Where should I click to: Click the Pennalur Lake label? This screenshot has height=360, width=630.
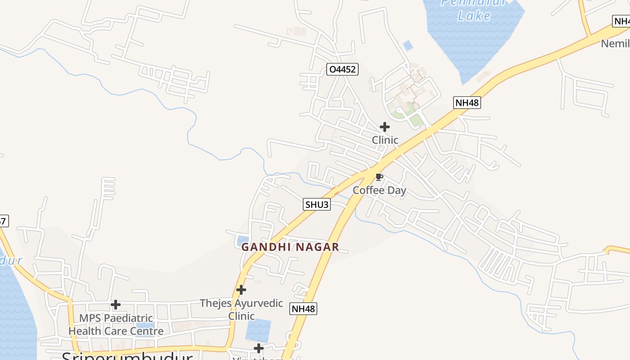point(473,10)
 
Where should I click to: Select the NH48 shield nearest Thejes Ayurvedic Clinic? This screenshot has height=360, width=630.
point(303,309)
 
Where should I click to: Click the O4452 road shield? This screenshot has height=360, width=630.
point(342,69)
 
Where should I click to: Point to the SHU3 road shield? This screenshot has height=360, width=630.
point(317,205)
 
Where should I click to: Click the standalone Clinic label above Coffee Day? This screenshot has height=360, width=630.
point(385,140)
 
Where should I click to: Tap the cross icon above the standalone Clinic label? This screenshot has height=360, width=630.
point(385,127)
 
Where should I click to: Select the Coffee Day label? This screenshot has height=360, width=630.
point(379,190)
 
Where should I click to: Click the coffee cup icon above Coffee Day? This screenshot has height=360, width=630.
point(379,177)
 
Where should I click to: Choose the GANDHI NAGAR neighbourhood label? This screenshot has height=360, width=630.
point(290,247)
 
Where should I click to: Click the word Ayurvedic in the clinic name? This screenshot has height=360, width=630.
point(261,303)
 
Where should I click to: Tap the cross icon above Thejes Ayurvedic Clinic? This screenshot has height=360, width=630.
point(241,289)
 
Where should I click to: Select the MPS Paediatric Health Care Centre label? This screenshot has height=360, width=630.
point(116,324)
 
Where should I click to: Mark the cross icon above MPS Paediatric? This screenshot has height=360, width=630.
point(116,305)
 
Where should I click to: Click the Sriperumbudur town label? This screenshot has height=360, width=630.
point(127,356)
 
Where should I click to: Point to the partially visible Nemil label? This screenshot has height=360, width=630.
point(616,44)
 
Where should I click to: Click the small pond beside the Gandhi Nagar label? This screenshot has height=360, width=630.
point(243,240)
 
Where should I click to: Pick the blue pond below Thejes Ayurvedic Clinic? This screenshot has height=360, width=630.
point(258,329)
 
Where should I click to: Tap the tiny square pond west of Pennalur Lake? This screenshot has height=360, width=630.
point(408,45)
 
